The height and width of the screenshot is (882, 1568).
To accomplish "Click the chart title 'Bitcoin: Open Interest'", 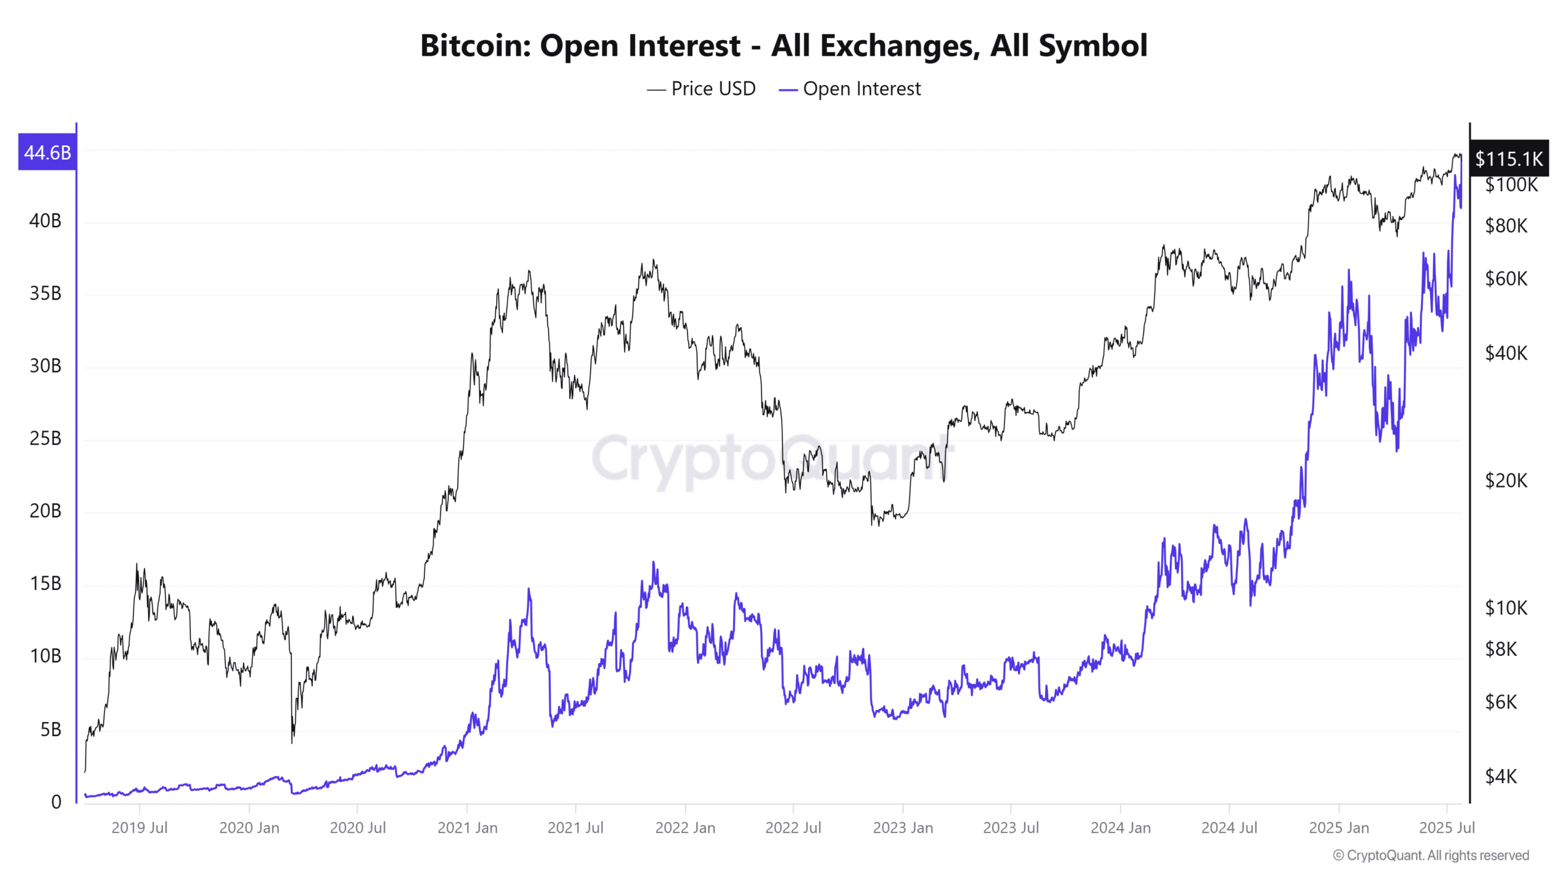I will (783, 45).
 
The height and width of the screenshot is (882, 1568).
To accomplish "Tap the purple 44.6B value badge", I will (47, 152).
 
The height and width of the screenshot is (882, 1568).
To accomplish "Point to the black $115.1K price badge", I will (1509, 159).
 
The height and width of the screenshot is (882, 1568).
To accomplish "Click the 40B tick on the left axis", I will (45, 221).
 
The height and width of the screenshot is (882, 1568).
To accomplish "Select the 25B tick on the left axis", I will (45, 439).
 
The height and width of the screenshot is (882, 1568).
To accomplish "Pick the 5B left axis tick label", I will (50, 729).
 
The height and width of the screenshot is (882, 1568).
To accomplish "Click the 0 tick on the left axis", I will (56, 802).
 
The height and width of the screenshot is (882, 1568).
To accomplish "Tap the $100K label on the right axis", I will (1511, 185).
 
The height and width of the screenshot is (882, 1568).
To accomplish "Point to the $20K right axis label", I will (1506, 481).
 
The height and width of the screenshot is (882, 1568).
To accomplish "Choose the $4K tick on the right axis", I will (1501, 777).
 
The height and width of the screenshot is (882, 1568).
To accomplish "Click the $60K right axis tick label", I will (1506, 279).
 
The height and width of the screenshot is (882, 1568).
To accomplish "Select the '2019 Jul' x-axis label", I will (139, 828).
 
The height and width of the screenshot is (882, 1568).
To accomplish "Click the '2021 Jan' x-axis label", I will (467, 828).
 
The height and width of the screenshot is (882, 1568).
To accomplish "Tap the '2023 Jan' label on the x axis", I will (903, 828).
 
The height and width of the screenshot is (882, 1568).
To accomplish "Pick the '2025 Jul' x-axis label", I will (1447, 828).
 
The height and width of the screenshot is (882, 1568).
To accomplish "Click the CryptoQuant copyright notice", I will (1431, 856).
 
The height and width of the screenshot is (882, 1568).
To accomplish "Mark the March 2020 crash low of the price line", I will (292, 742).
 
